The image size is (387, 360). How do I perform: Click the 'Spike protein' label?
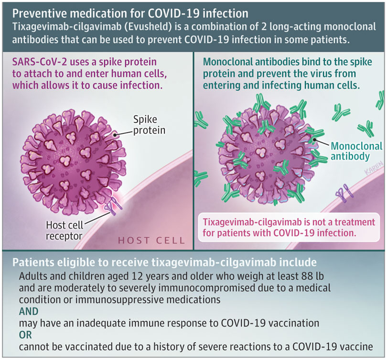point(149,125)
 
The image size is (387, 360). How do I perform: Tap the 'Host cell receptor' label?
point(64,230)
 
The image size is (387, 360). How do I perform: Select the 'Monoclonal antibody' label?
point(356,151)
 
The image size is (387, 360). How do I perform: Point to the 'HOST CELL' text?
point(151,240)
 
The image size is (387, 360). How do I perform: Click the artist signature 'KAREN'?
point(374,168)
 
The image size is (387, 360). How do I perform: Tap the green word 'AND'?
point(29,311)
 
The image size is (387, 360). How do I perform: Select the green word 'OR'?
point(25,335)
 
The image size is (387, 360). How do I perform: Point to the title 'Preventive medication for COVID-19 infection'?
point(130,13)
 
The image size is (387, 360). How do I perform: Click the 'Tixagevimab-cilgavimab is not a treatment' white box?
point(289,227)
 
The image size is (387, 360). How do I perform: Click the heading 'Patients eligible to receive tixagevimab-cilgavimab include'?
point(164,262)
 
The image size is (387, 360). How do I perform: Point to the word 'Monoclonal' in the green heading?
point(227,62)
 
